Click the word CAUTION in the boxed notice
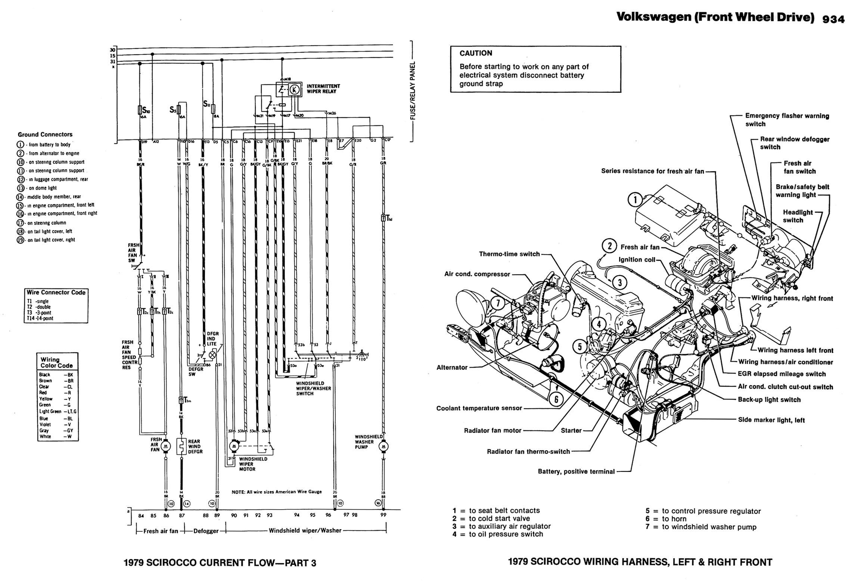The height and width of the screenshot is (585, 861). (476, 53)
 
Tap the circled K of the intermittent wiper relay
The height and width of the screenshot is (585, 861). (294, 89)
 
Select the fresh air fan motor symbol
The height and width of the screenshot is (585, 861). (165, 446)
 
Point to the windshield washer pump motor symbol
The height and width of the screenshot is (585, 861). (383, 446)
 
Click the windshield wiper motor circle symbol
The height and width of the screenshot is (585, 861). (234, 446)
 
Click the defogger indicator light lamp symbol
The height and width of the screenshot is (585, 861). (213, 354)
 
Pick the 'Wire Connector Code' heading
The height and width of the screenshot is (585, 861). (56, 292)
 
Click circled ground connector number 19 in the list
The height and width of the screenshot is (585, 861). (20, 240)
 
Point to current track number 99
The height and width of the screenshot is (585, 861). (383, 515)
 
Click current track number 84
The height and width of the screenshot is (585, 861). (141, 516)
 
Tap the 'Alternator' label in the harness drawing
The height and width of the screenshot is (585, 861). (452, 367)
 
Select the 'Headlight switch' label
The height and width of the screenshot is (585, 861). (798, 216)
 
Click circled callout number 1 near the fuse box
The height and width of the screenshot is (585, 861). (635, 200)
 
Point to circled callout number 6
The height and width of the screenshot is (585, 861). (556, 399)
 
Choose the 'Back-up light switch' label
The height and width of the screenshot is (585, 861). (769, 399)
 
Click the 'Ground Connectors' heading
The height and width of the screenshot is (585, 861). (45, 134)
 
